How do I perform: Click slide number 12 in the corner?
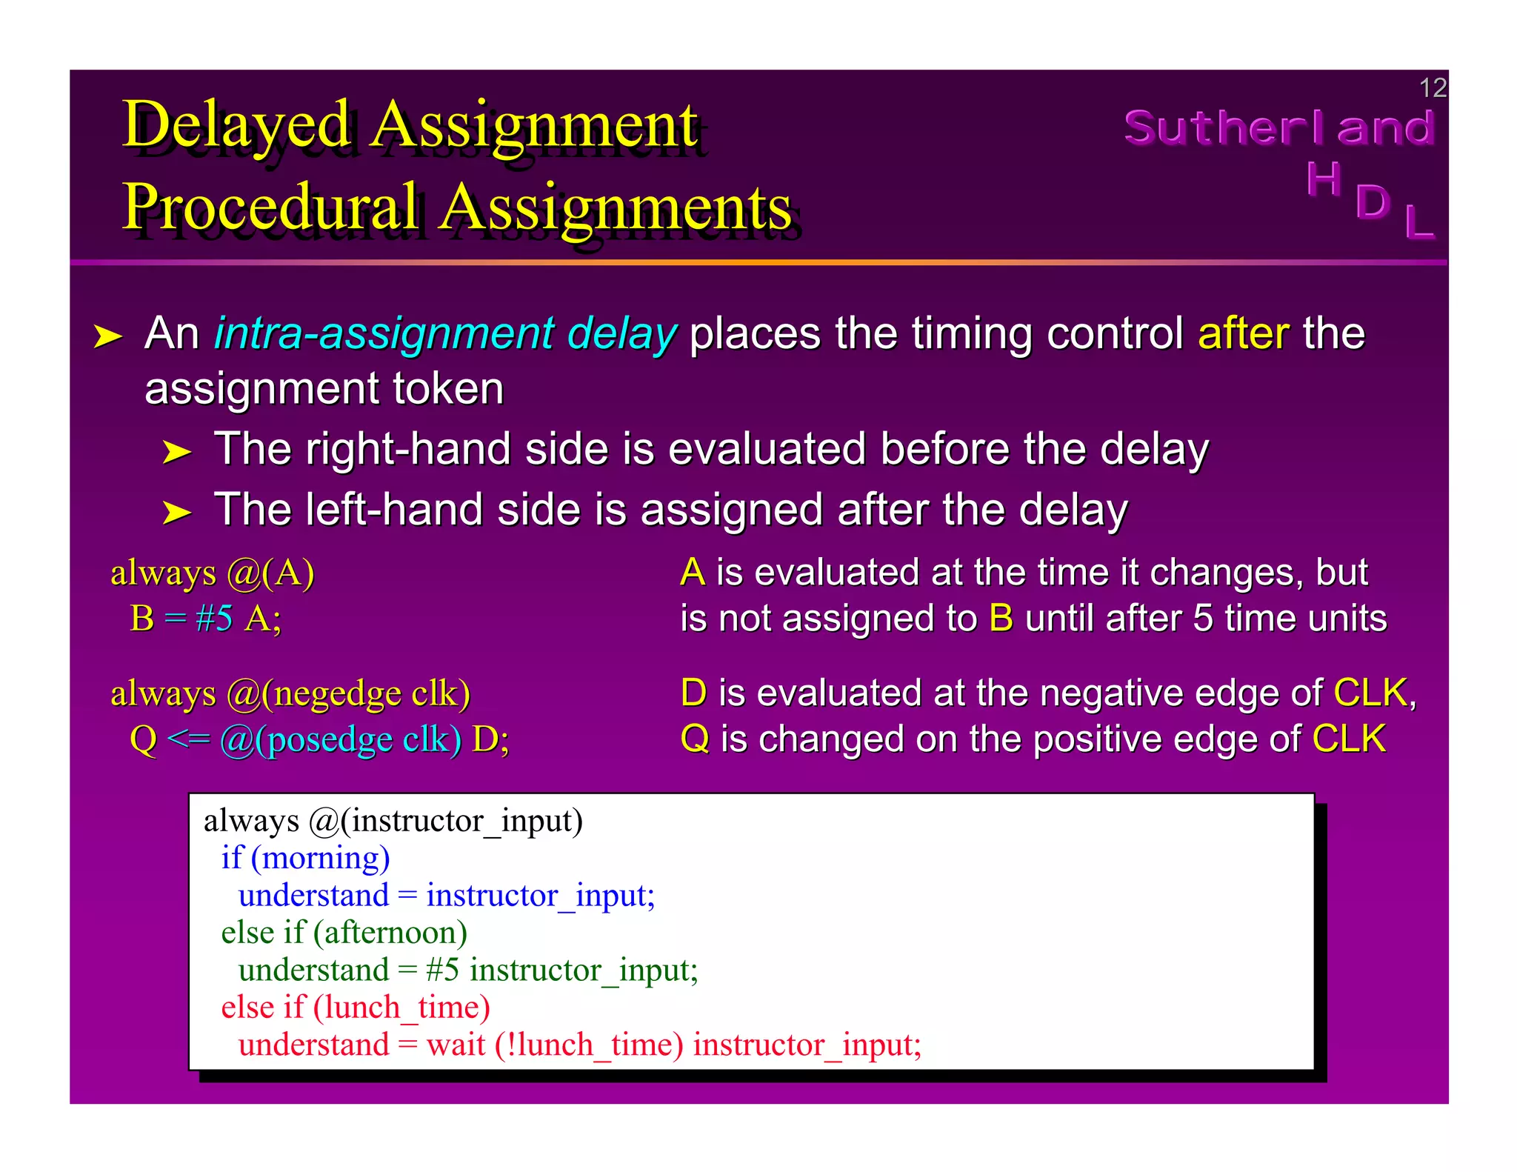click(x=1432, y=88)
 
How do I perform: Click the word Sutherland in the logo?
click(x=1278, y=128)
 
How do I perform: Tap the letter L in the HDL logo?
click(x=1419, y=222)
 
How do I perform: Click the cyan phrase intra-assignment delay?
click(x=445, y=333)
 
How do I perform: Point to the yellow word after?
click(x=1243, y=333)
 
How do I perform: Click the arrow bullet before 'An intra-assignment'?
click(x=107, y=337)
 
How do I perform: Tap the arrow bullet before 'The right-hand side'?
click(x=176, y=452)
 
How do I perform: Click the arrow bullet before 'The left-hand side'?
click(x=176, y=513)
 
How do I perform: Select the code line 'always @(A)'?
click(x=213, y=573)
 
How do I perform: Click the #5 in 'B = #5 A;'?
click(x=214, y=619)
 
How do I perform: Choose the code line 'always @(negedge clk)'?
click(x=290, y=693)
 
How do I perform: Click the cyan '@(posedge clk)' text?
click(x=340, y=739)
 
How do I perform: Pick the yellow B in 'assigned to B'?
click(x=1001, y=619)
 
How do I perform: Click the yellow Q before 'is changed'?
click(x=694, y=739)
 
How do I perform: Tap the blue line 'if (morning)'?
click(x=305, y=858)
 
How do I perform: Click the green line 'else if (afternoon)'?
click(x=344, y=933)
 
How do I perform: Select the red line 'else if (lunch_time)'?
click(x=356, y=1008)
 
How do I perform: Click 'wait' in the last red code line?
click(x=456, y=1045)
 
